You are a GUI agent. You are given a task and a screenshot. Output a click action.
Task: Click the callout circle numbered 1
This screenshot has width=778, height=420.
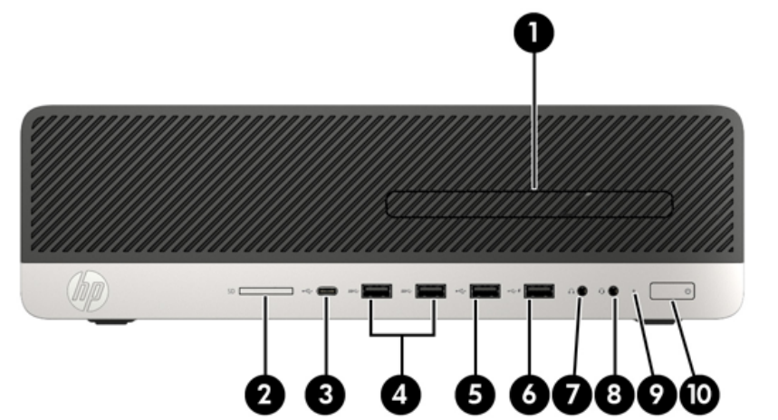(x=533, y=33)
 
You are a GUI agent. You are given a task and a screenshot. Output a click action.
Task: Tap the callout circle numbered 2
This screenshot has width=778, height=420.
(x=265, y=395)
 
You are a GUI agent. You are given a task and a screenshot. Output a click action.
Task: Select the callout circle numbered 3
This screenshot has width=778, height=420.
(x=325, y=395)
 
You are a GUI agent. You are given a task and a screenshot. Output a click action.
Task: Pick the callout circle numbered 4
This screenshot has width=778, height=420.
(x=401, y=395)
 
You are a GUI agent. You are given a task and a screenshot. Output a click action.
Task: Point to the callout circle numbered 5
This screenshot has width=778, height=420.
(x=475, y=395)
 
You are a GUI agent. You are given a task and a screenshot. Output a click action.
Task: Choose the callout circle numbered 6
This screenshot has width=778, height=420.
(x=529, y=395)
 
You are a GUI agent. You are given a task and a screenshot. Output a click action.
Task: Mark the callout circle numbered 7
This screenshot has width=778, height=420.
(x=571, y=395)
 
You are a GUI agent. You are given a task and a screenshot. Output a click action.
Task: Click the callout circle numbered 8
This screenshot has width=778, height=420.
(x=614, y=395)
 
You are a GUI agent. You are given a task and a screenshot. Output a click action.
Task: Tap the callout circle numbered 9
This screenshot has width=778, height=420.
(x=656, y=395)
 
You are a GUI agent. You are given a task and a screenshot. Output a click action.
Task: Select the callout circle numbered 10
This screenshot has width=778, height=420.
(x=699, y=395)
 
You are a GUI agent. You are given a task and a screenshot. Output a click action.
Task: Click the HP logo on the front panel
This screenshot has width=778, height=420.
(x=88, y=291)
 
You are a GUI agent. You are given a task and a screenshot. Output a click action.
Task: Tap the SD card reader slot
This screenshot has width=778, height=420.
(x=266, y=291)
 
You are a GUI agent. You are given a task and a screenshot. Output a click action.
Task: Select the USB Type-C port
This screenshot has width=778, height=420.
(x=327, y=291)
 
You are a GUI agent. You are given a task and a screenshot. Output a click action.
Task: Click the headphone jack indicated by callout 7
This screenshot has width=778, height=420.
(x=582, y=291)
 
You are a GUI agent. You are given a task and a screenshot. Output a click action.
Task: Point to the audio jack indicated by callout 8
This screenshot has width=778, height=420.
(x=613, y=291)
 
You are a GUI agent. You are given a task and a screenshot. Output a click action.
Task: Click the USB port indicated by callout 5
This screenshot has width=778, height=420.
(x=485, y=291)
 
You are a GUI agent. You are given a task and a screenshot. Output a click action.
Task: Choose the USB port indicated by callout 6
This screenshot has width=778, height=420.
(x=539, y=291)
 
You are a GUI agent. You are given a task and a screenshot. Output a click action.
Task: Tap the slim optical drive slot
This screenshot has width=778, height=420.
(x=529, y=204)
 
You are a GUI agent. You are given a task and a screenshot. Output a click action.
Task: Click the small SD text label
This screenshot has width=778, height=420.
(x=231, y=291)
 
